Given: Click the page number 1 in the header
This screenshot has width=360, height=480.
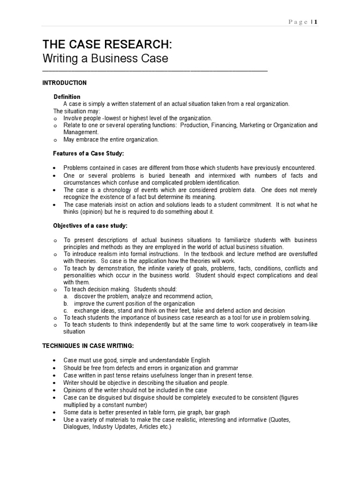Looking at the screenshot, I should coord(316,22).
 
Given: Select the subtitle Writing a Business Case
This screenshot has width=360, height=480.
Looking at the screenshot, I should coord(105,60).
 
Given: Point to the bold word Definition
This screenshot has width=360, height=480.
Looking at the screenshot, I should coord(67,97).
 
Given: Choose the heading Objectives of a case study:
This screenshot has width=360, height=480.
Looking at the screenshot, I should coord(90,226).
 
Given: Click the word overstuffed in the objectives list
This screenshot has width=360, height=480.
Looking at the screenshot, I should coord(300,254).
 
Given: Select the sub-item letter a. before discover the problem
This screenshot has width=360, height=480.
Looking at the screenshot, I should coord(66,296).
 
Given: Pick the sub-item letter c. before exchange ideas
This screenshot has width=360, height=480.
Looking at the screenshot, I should coord(66,310).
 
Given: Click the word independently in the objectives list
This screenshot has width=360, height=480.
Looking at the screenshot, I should coord(144,324).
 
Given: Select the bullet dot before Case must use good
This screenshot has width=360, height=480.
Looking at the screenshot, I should coord(55,360).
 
